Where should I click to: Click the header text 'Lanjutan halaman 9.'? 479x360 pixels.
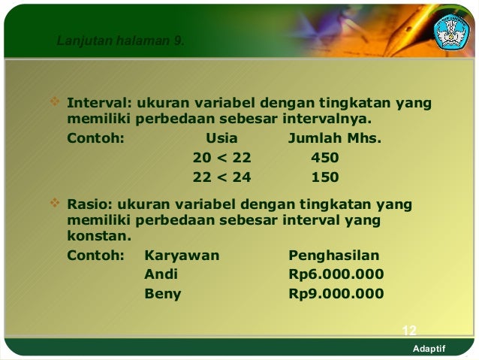coord(119,40)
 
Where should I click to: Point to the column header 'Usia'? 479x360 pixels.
coord(221,138)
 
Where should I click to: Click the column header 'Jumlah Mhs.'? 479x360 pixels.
coord(335,138)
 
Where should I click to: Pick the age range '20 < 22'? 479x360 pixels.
coord(221,159)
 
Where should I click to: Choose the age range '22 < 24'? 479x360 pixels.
coord(221,178)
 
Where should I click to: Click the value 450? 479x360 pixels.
coord(324,159)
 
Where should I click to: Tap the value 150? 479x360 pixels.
coord(324,178)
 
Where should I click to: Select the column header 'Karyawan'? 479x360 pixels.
coord(182,255)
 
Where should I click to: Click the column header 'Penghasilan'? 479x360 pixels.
coord(334,255)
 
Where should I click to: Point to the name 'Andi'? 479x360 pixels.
coord(161,274)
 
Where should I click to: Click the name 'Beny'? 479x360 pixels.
coord(162,294)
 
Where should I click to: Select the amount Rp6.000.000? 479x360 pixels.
coord(336,274)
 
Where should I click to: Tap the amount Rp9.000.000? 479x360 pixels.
coord(336,294)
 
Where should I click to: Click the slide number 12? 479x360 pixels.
coord(409,331)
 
